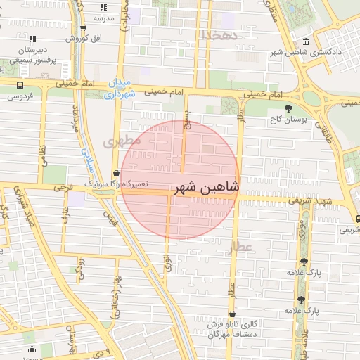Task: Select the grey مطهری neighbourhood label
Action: (x=122, y=141)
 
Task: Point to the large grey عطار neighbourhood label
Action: (x=239, y=247)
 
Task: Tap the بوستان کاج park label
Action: (x=289, y=120)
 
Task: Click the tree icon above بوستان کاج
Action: (x=289, y=108)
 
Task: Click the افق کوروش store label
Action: (x=83, y=38)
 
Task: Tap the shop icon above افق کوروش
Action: (x=83, y=28)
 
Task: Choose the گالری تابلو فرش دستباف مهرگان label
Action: (x=233, y=330)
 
